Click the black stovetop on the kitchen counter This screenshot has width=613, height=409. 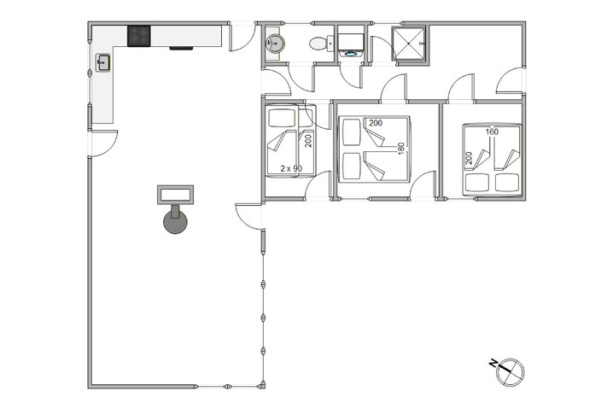pos(139,36)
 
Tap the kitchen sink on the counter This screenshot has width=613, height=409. pos(102,62)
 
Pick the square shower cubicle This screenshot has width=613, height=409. pos(412,44)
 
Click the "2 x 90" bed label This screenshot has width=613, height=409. pos(291,169)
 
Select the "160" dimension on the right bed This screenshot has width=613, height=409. pos(492,131)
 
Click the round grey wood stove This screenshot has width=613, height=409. pos(177,222)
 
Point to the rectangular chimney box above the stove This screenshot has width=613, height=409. pos(177,195)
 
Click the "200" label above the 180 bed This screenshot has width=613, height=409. pos(376,124)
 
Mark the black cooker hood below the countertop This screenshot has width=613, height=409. pos(181,49)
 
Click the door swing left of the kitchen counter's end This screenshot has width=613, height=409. pos(102,142)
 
